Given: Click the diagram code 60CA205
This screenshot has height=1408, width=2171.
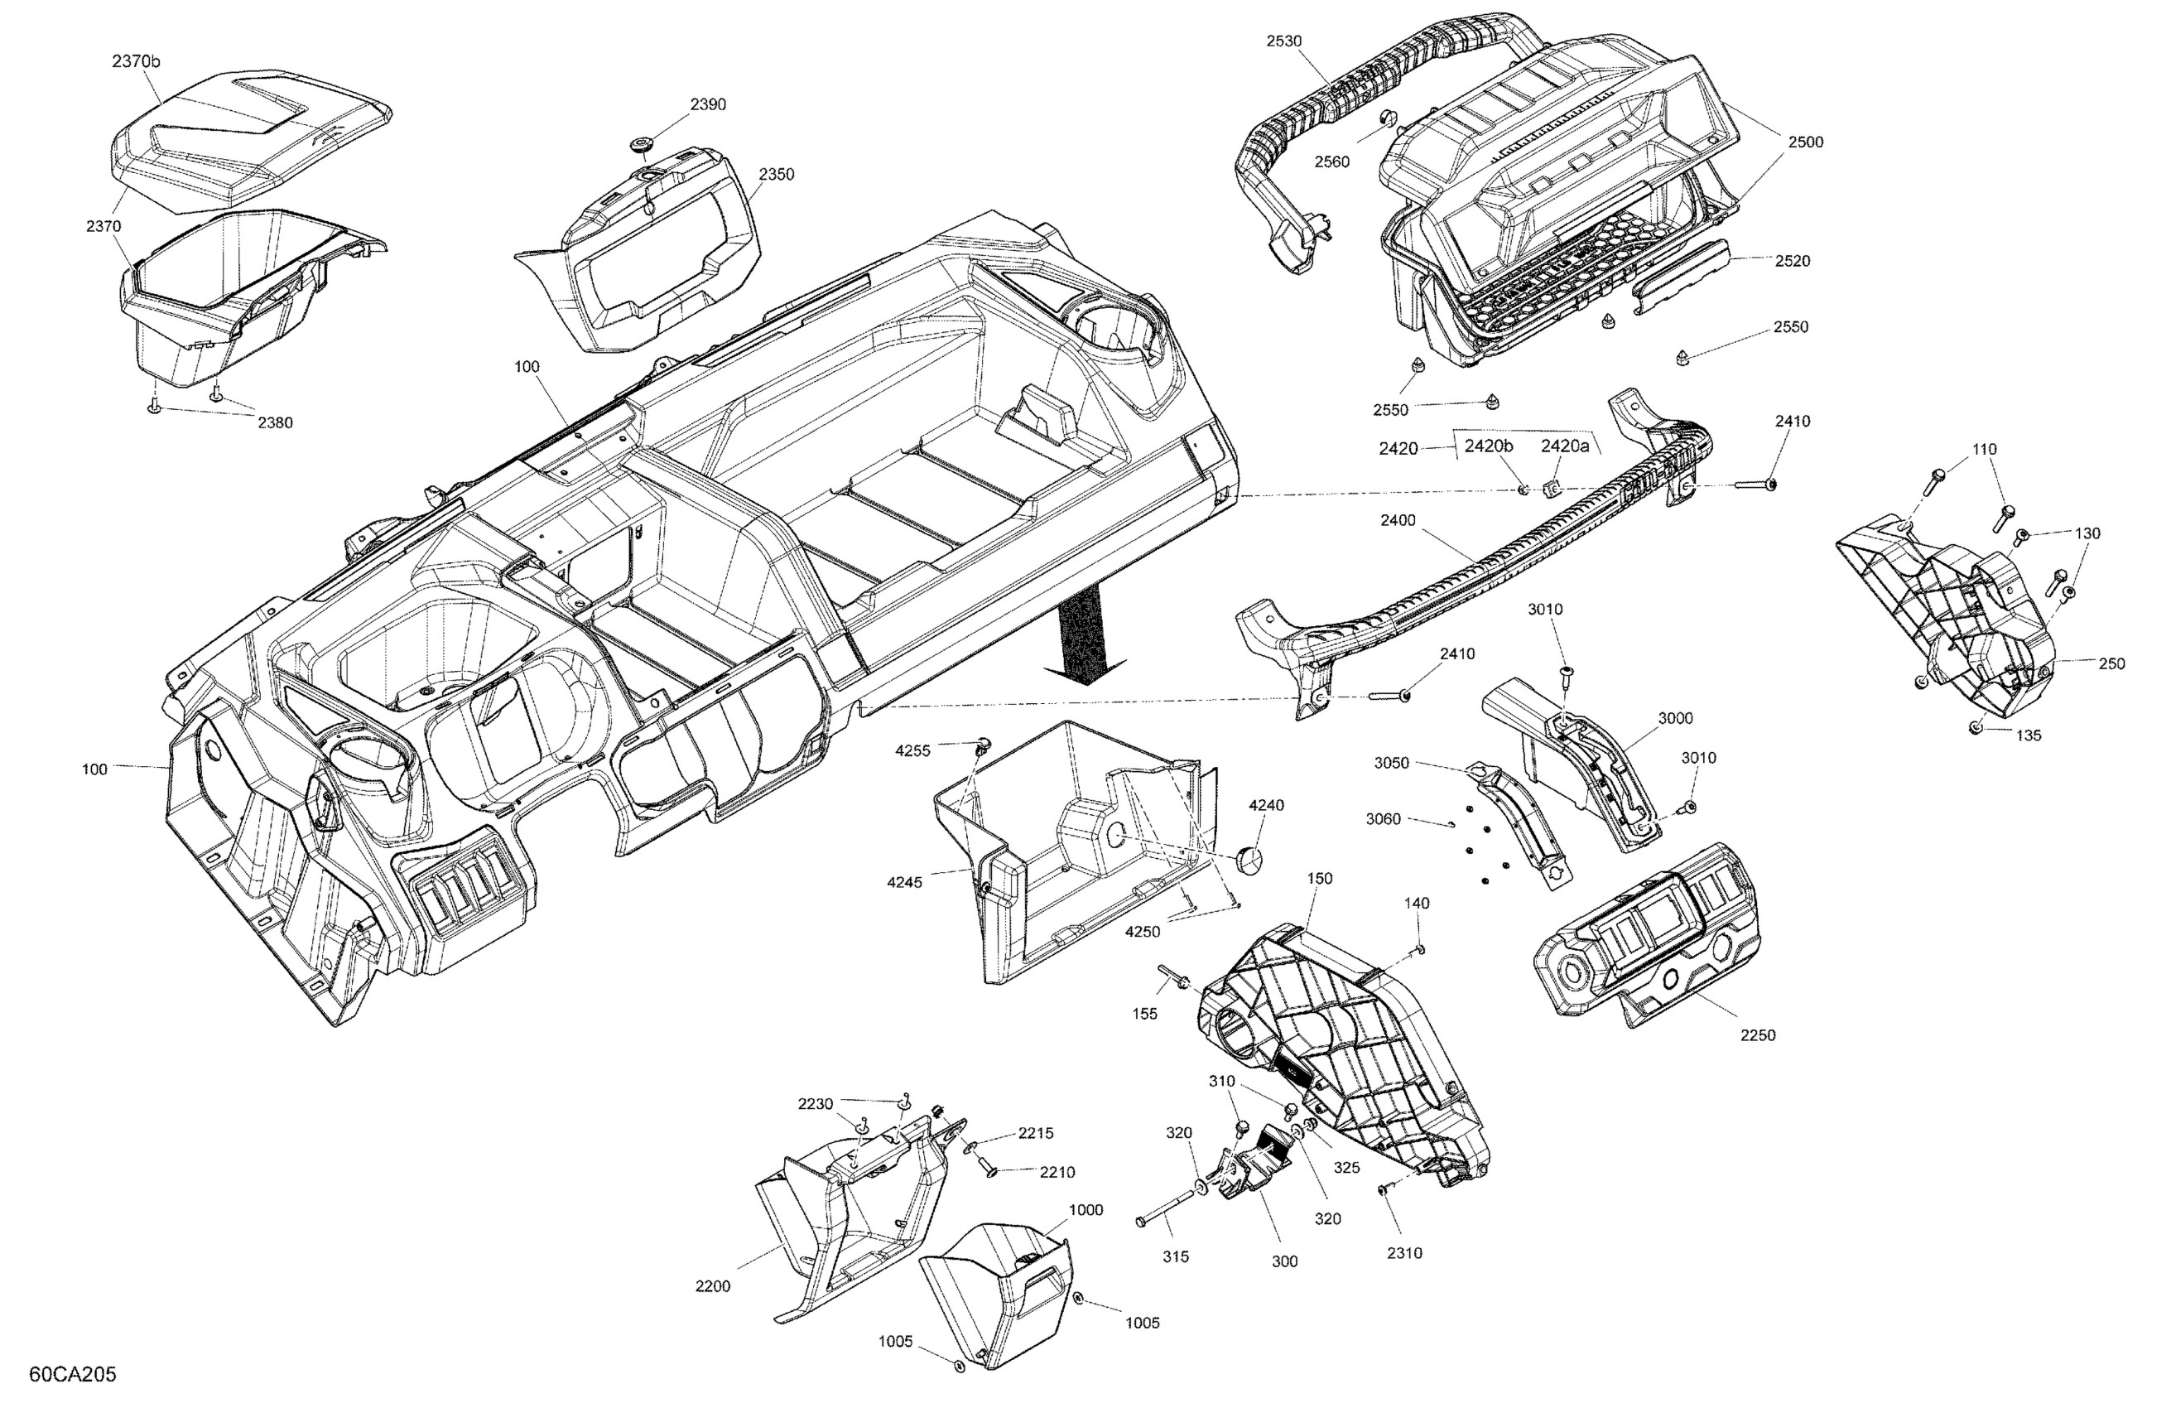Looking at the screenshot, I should tap(73, 1374).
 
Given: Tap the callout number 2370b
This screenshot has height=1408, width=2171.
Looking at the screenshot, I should tap(136, 62).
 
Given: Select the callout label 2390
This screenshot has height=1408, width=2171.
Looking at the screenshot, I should tap(708, 105).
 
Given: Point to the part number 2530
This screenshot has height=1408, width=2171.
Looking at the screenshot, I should tap(1284, 41).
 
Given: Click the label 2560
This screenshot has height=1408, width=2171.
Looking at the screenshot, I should tap(1331, 162).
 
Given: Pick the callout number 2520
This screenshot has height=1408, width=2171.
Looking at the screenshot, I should tap(1793, 261).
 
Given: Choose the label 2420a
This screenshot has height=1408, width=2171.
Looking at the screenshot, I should tap(1565, 446).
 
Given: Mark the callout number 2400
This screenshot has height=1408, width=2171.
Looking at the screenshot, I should tap(1398, 520).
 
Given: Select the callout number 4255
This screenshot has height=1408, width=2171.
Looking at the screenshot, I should tap(913, 751).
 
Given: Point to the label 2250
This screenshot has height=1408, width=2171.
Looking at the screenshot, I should tap(1758, 1035).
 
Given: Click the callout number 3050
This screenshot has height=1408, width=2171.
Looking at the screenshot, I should tap(1392, 763).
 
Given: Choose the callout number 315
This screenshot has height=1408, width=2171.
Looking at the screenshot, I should tap(1176, 1256).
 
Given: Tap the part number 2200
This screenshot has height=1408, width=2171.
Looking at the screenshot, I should tap(712, 1286).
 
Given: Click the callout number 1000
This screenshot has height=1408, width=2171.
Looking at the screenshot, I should tap(1085, 1210).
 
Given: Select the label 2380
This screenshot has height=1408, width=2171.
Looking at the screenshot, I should tap(276, 423).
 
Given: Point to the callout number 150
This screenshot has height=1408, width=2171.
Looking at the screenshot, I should tap(1319, 879).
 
